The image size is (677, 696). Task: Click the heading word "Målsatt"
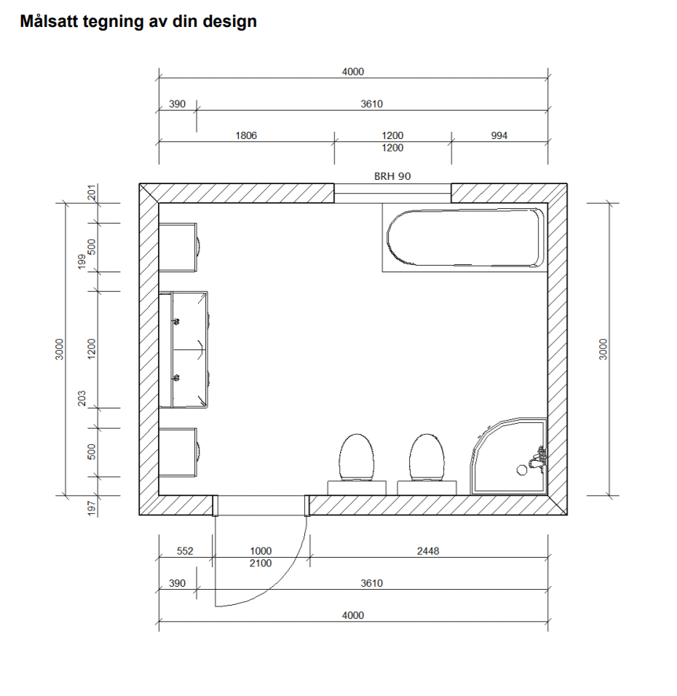pyautogui.click(x=49, y=21)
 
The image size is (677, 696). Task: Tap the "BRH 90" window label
pyautogui.click(x=392, y=176)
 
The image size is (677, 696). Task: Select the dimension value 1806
pyautogui.click(x=246, y=135)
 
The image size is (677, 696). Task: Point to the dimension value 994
pyautogui.click(x=499, y=135)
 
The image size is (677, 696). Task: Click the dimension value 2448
pyautogui.click(x=428, y=551)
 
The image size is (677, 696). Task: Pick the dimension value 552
pyautogui.click(x=185, y=551)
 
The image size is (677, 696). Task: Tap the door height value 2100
pyautogui.click(x=261, y=563)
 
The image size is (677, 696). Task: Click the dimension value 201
pyautogui.click(x=92, y=193)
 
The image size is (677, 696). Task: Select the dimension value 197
pyautogui.click(x=92, y=508)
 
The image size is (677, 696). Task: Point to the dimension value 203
pyautogui.click(x=82, y=398)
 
